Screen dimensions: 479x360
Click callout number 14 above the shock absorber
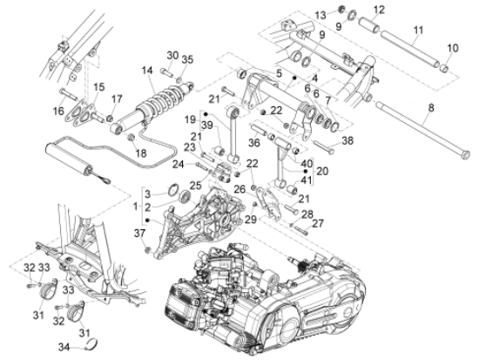pos(147,71)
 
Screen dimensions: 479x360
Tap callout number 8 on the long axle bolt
pos(431,108)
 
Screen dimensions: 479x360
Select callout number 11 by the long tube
pos(418,31)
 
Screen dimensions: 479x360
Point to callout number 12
pos(379,10)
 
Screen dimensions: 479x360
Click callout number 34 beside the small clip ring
pos(64,347)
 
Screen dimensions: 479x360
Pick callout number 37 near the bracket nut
pos(139,234)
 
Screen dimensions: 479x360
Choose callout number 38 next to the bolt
pos(347,140)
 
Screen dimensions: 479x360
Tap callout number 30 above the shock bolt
pos(172,56)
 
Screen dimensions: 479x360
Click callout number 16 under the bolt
pos(58,111)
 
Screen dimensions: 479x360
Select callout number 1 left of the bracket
pos(136,207)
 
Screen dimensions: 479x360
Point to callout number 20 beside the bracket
pos(322,171)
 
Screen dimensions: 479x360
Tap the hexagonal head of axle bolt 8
pos(466,154)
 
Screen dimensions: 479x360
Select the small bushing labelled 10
pos(444,68)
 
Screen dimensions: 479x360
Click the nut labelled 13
pos(341,9)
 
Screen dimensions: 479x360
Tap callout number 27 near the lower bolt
pos(318,223)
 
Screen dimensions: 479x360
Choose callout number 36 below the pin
pos(254,142)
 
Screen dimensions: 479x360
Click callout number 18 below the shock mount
pos(141,153)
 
